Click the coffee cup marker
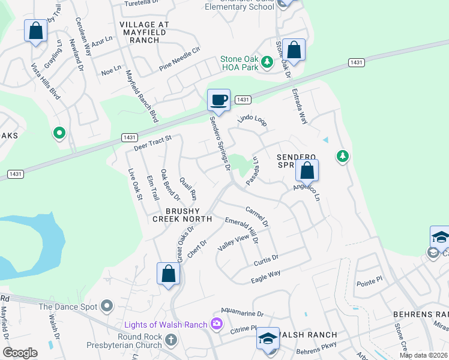219,100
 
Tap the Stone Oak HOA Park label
239,63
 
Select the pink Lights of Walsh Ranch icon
216,325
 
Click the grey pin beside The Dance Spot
107,307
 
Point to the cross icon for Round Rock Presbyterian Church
171,341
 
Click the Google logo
20,353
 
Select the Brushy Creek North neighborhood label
182,215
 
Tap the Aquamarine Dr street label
242,314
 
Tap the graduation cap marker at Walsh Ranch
268,339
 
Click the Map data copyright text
423,355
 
